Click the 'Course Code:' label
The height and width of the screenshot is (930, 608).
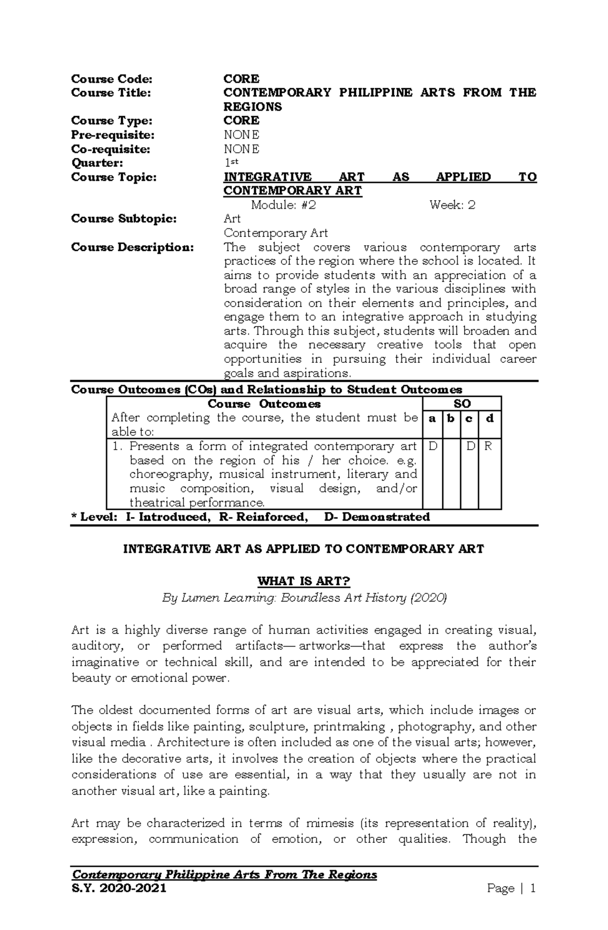[x=111, y=79]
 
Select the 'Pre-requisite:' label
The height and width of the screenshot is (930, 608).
[x=112, y=135]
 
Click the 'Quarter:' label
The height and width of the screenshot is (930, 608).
[x=97, y=163]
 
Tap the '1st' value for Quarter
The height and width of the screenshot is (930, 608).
[x=231, y=162]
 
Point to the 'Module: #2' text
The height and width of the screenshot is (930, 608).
[x=284, y=205]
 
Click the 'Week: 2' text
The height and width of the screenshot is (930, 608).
[x=452, y=205]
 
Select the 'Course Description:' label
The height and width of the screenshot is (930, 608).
[x=132, y=247]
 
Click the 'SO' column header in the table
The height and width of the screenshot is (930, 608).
[x=462, y=404]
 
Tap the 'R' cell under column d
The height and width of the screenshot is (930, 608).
[x=488, y=446]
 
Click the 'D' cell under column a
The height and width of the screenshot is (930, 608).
[x=433, y=446]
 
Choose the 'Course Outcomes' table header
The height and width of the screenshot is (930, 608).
[x=264, y=404]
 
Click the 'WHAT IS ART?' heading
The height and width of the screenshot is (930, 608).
[x=303, y=581]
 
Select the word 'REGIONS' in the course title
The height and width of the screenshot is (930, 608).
[x=253, y=107]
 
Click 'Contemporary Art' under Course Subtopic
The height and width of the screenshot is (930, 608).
[x=276, y=233]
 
